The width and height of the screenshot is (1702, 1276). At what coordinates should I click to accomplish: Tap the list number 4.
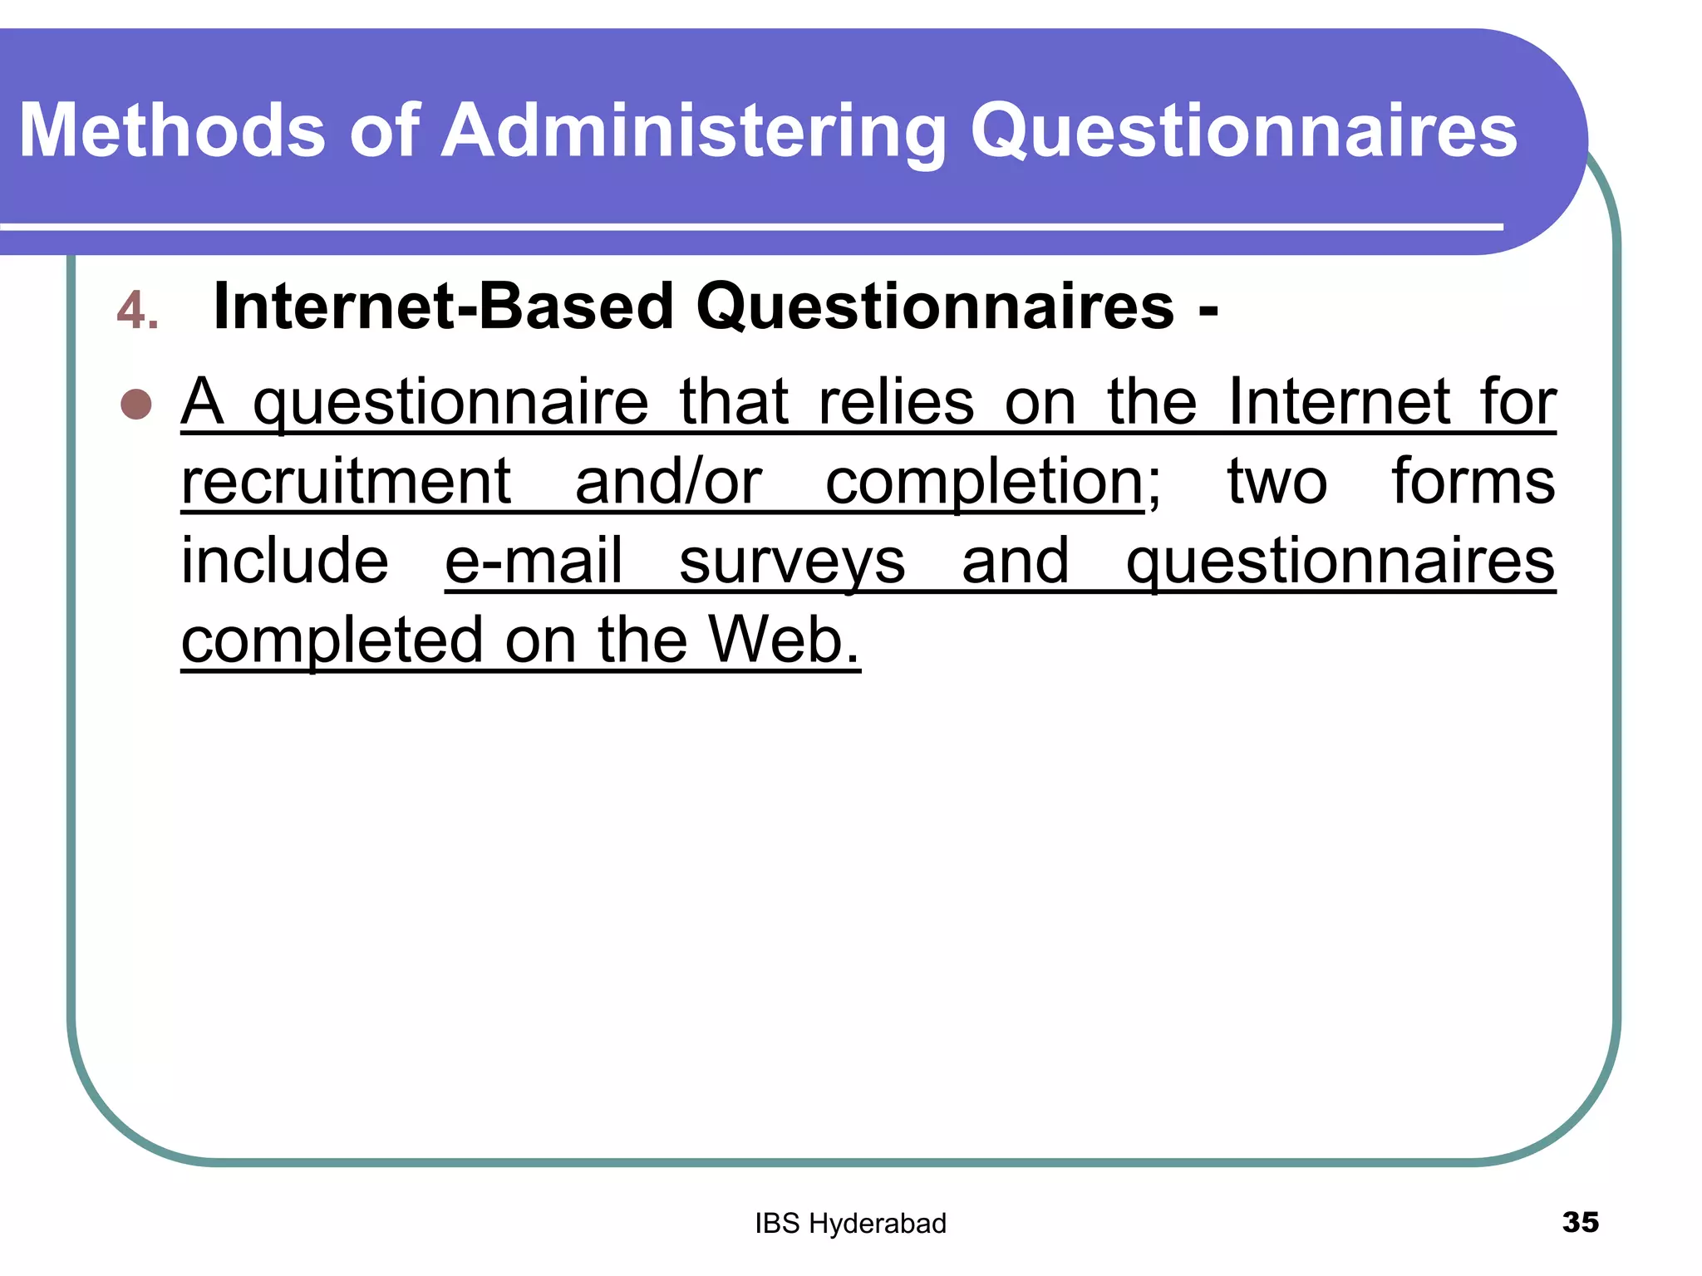pos(136,311)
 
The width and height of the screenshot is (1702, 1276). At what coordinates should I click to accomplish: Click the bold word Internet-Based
pos(442,307)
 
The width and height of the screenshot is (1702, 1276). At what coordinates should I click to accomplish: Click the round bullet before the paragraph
pos(136,405)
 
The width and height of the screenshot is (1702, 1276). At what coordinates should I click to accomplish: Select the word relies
pos(896,402)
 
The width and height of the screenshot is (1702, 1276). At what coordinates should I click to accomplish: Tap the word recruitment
pos(346,482)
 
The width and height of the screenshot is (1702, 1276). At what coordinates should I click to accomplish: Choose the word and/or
pos(668,482)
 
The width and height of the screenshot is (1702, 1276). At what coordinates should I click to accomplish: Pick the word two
pos(1276,482)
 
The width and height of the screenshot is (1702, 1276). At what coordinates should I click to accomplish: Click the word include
pos(284,561)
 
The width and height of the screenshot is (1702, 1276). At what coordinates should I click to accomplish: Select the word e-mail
pos(534,561)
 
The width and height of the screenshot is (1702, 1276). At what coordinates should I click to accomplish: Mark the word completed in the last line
pos(332,641)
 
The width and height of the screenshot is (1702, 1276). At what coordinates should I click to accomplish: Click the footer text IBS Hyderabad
pos(850,1224)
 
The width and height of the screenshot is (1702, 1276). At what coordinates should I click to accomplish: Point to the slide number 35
pos(1580,1222)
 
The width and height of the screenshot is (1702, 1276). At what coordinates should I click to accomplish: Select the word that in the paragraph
pos(733,402)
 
